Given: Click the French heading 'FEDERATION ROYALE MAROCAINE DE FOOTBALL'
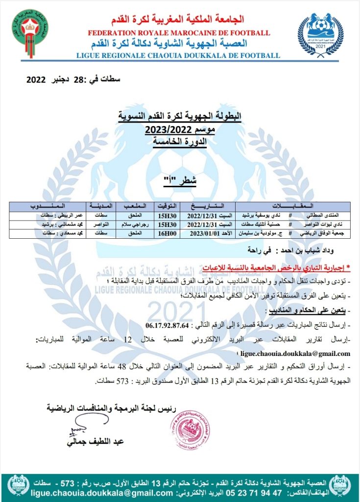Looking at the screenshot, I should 179,33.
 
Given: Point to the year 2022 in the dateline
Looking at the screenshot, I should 36,79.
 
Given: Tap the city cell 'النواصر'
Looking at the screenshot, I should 98,224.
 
